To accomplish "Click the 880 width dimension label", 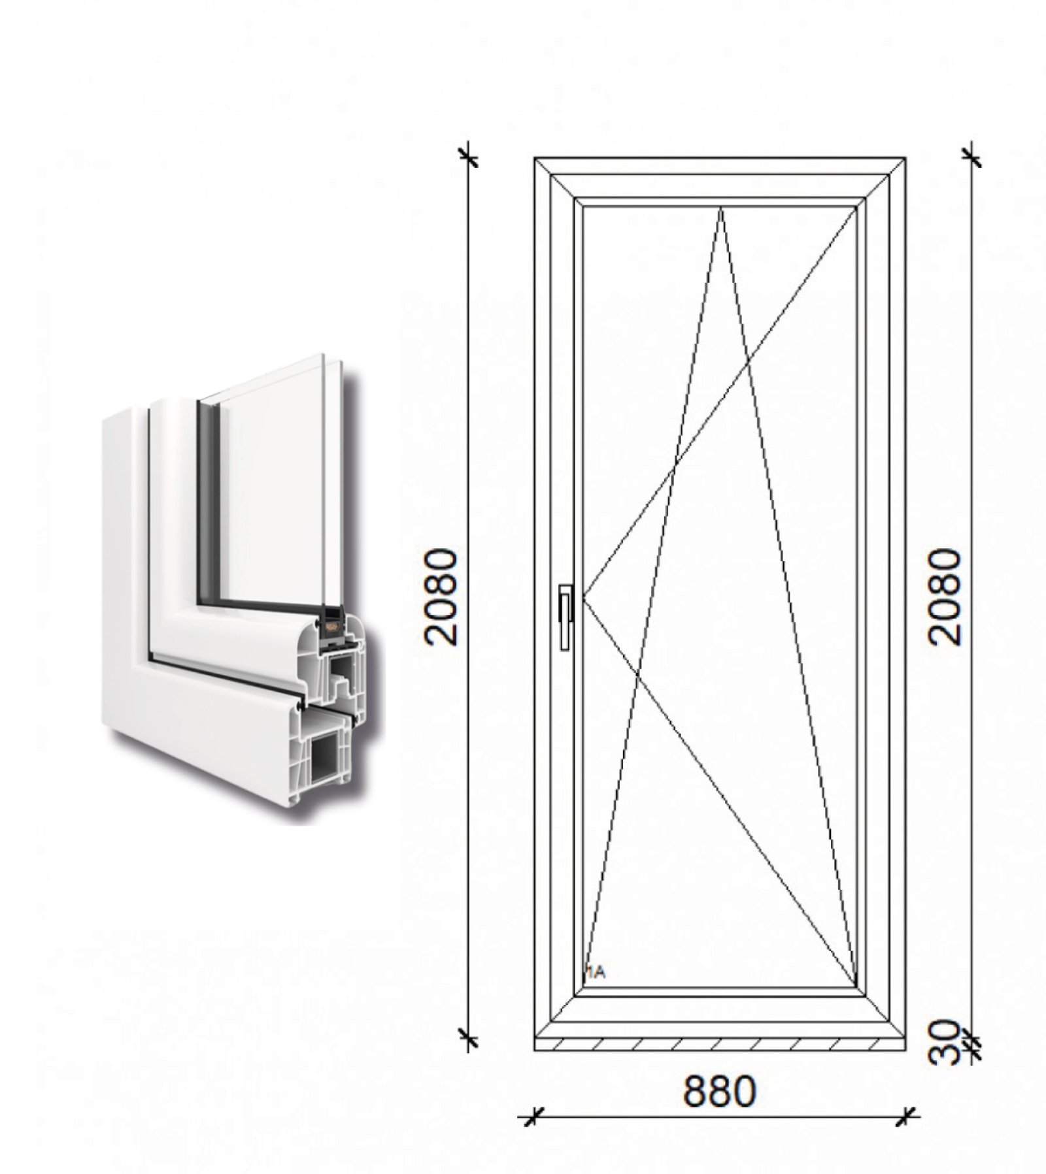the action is point(719,1090).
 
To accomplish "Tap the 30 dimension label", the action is point(947,1045).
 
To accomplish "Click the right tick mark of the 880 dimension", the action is point(905,1134).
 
